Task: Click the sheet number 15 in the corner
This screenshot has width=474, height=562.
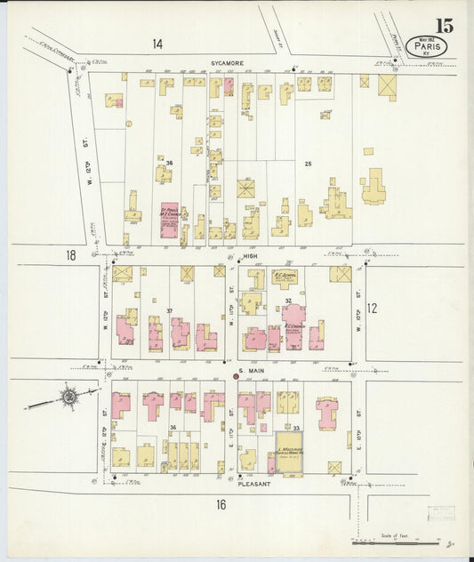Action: (x=444, y=25)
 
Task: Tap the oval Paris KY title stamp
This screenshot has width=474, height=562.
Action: (x=426, y=46)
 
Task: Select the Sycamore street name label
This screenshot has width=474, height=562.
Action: (x=227, y=63)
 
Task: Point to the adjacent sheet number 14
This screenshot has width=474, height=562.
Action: (x=157, y=44)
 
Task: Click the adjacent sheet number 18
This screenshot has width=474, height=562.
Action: (x=70, y=255)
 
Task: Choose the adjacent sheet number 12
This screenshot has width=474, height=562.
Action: (x=372, y=309)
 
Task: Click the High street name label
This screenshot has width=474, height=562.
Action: (x=250, y=255)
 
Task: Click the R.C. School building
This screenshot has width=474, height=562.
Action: (x=285, y=279)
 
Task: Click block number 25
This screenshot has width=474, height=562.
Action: (x=308, y=164)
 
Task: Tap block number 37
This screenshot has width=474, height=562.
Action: (x=168, y=310)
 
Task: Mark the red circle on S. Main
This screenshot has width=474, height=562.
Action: (x=236, y=376)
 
